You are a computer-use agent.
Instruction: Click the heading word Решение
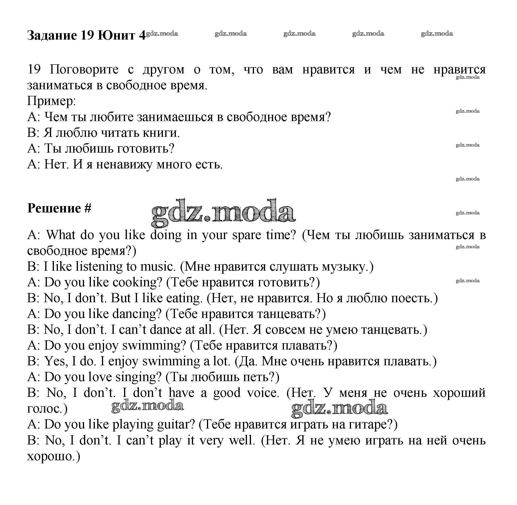point(54,208)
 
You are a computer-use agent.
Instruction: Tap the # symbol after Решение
point(88,208)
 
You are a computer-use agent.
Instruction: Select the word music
point(158,267)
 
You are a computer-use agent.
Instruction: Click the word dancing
point(137,314)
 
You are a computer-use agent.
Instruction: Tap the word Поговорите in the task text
point(84,69)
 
